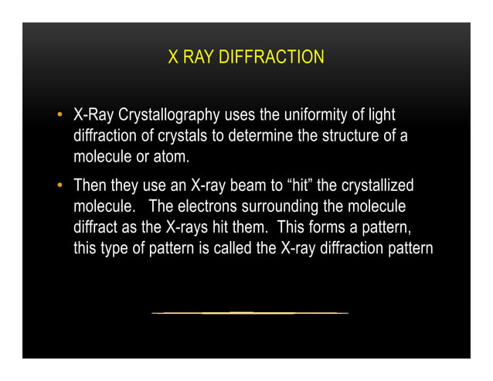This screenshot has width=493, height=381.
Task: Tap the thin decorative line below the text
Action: pyautogui.click(x=250, y=313)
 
